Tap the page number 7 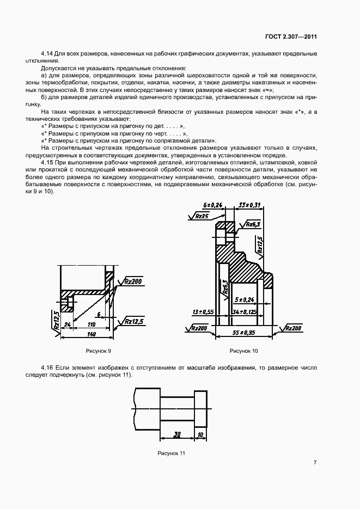coord(315,462)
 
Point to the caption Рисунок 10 coord(243,350)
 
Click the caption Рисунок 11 coord(172,453)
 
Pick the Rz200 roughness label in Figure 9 coord(132,281)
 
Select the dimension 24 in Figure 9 coord(67,324)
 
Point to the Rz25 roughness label coord(202,216)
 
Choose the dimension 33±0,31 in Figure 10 coord(250,205)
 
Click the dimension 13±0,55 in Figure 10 coord(202,312)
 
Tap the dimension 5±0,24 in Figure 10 coord(245,299)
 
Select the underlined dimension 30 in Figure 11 coord(177,434)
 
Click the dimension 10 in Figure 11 coord(200,434)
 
